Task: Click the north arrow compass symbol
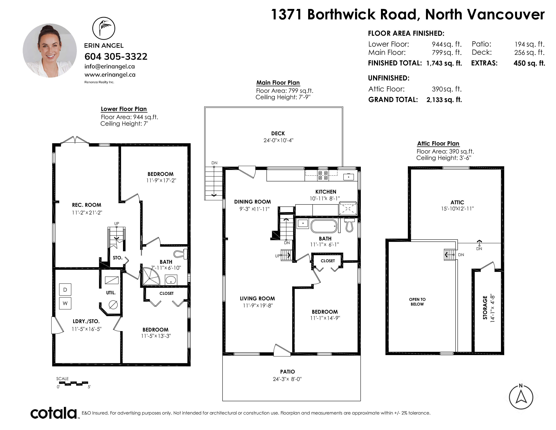521,397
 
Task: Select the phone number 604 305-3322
116,56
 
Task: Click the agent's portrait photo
50,50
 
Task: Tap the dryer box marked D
65,290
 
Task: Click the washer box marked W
65,303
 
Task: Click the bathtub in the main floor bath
324,226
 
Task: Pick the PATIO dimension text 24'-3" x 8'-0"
287,379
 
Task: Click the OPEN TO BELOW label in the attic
417,302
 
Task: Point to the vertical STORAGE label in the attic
485,307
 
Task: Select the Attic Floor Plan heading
438,144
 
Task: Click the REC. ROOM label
87,205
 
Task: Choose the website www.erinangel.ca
110,75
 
